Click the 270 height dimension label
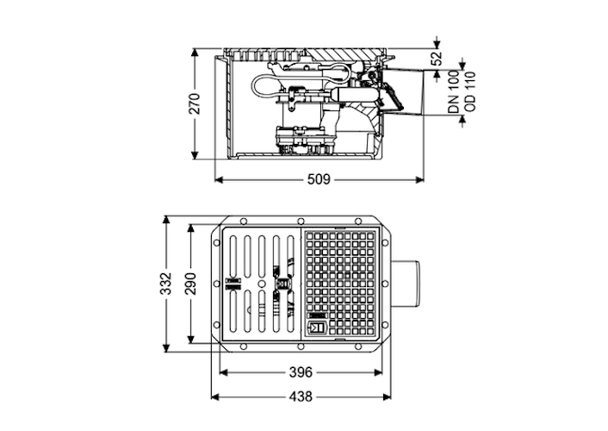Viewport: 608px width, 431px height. [195, 103]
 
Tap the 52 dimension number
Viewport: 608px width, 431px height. [437, 59]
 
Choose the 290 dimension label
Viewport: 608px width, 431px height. [190, 283]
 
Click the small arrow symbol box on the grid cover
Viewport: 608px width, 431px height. [316, 327]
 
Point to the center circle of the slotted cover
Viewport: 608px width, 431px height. [258, 283]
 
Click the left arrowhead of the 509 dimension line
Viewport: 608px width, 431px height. [215, 180]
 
